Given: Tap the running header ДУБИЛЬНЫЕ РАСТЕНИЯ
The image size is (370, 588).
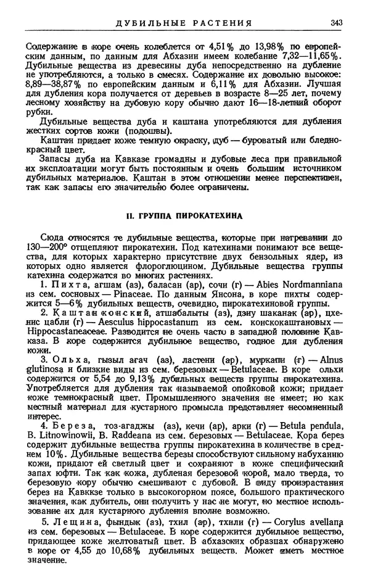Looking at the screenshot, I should tap(184, 23).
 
